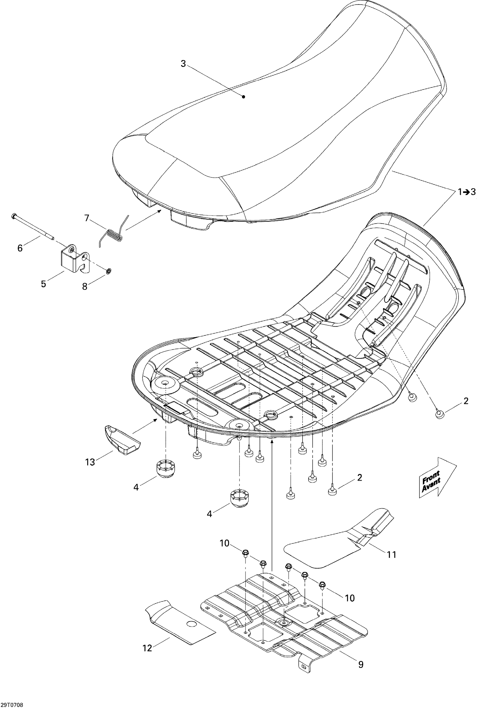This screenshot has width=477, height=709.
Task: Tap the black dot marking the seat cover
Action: coord(243,97)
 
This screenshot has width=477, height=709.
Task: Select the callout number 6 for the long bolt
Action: coord(20,248)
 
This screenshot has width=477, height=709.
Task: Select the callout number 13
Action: coord(90,462)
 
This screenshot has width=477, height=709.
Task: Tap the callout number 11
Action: coord(391,555)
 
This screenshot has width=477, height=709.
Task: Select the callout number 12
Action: coord(147,648)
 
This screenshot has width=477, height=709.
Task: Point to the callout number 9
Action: coord(361,665)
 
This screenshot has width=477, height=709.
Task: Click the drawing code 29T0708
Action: coord(12,702)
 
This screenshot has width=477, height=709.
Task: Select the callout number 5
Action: coord(43,284)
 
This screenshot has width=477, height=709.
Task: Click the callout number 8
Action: coord(85,286)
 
